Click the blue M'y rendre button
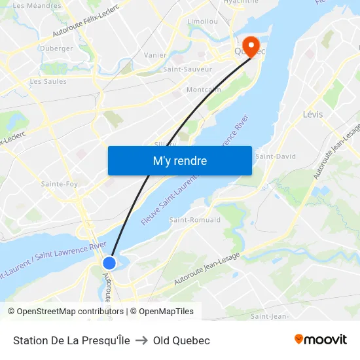coord(179,160)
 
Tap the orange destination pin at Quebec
coord(249,45)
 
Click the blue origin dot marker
coord(109,262)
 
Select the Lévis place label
coord(313,115)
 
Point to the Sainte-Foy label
coord(60,184)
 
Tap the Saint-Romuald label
coord(195,220)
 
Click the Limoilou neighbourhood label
coord(202,21)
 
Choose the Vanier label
coord(155,56)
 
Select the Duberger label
coord(56,48)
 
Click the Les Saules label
coord(48,81)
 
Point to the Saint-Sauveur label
coord(187,69)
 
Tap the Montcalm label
coord(204,90)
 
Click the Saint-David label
coord(276,156)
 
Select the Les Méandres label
coord(37,6)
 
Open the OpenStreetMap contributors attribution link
coord(70,312)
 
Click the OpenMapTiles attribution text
coord(166,312)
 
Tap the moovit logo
coord(320,339)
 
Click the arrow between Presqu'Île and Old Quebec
coord(141,340)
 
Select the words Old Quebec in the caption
coord(181,340)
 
